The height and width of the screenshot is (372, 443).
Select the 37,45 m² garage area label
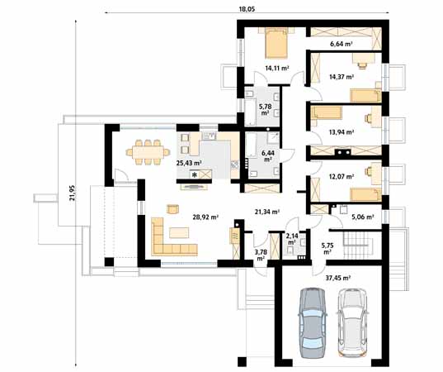pyautogui.click(x=339, y=279)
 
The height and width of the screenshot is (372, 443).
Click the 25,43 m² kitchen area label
pyautogui.click(x=190, y=163)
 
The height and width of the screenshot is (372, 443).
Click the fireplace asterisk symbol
pyautogui.click(x=195, y=175)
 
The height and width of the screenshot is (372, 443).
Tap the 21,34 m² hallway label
pyautogui.click(x=266, y=212)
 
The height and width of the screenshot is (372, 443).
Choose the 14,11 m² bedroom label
pyautogui.click(x=277, y=69)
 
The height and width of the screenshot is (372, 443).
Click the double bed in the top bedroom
pyautogui.click(x=275, y=41)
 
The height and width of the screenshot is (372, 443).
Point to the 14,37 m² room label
pyautogui.click(x=341, y=77)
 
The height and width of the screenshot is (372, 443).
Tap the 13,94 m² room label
pyautogui.click(x=341, y=131)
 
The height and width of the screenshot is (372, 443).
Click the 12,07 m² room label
pyautogui.click(x=341, y=178)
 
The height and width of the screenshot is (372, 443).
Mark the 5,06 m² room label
pyautogui.click(x=362, y=217)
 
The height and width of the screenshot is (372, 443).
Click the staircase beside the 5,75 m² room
pyautogui.click(x=356, y=243)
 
